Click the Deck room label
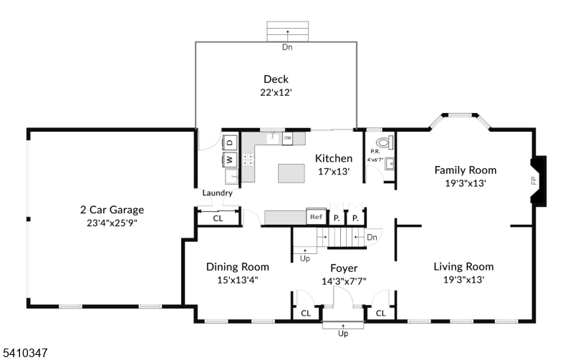coord(276,79)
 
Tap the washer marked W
coord(230,160)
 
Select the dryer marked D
coord(230,142)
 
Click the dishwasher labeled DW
coord(288,138)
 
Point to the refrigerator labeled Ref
coord(316,217)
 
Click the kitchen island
coord(292,173)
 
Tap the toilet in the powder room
coord(385,142)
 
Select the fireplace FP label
coord(534,180)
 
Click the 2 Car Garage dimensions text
coord(112,223)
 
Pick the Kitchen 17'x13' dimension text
coord(334,171)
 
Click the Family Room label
coord(465,170)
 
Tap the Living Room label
coord(463,266)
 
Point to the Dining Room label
coord(238,267)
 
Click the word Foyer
coord(344,268)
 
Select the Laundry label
coord(218,193)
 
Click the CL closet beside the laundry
coord(218,218)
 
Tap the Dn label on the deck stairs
coord(287,47)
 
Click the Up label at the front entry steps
coord(343,334)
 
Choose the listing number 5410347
coord(25,353)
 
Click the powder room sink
coord(390,164)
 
